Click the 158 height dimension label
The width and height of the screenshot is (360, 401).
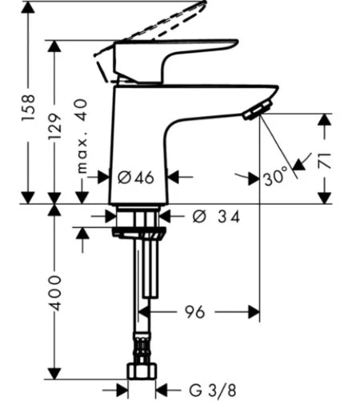28,107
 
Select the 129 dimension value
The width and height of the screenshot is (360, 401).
55,126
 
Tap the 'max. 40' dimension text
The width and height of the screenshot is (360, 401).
82,136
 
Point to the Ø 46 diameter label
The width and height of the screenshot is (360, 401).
136,177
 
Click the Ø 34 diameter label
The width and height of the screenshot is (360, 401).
216,216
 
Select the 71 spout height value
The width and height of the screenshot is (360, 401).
325,161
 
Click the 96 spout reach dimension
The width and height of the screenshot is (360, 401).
195,312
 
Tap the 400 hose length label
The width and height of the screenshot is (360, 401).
55,293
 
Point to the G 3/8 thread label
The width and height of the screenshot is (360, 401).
212,391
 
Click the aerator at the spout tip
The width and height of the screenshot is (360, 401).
257,110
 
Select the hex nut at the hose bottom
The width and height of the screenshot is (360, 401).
142,371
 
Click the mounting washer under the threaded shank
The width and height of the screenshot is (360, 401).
139,232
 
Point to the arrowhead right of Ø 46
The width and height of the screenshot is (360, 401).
173,177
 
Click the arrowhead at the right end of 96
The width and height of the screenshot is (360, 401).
253,312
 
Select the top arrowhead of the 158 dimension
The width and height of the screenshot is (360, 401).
28,7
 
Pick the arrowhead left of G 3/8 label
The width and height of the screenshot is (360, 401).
122,391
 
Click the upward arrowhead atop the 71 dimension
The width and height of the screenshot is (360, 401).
325,119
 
